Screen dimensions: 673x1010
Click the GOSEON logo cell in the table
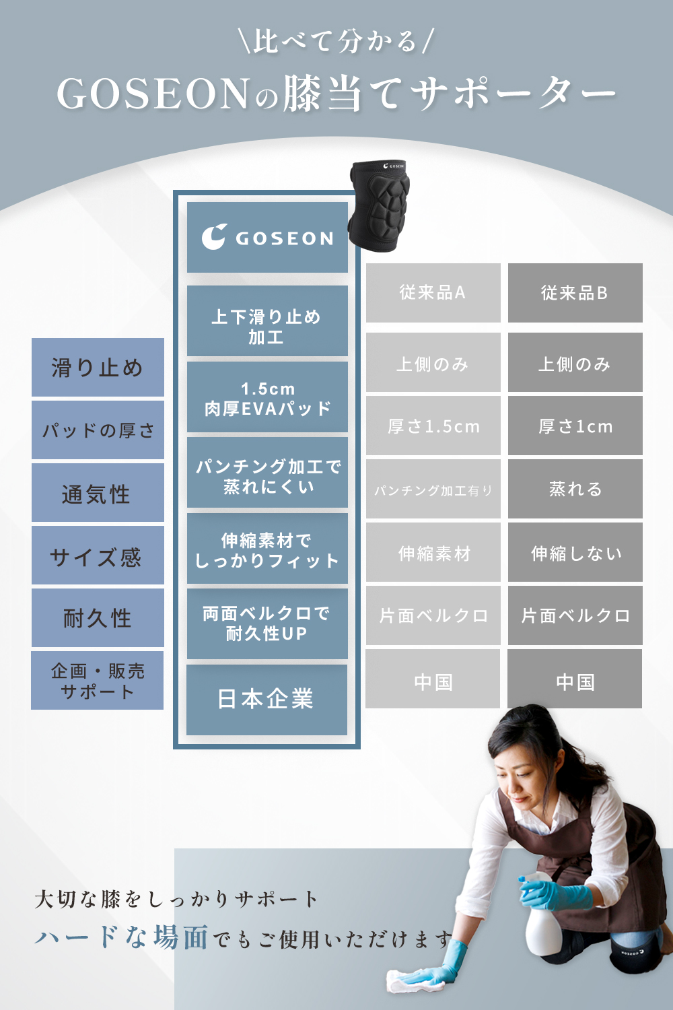point(267,238)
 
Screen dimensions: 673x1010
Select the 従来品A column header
point(433,293)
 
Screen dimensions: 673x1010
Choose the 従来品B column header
point(575,293)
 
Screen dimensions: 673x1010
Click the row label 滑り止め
point(98,368)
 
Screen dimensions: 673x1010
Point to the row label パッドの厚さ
point(98,430)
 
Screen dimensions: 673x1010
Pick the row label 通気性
point(98,494)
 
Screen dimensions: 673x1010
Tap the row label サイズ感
point(98,556)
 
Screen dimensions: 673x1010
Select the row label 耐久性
point(98,617)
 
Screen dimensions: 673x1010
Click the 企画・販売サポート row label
point(98,680)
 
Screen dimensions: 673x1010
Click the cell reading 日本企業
point(267,700)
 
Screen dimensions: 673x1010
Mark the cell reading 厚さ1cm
point(575,426)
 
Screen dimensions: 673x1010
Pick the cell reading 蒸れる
point(575,489)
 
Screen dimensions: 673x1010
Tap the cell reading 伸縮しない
point(575,553)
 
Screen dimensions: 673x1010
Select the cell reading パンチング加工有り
point(433,490)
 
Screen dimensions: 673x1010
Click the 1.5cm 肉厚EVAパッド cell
point(267,398)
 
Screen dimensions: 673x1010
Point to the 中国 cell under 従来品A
point(433,681)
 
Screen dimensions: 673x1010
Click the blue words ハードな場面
point(122,937)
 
